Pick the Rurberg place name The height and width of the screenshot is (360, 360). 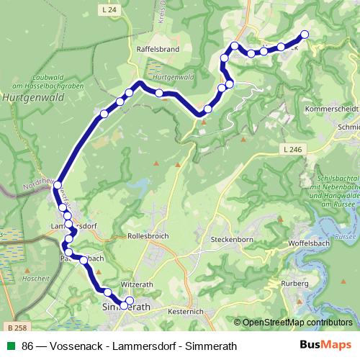pyautogui.click(x=295, y=283)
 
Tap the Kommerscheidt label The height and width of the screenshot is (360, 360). pyautogui.click(x=332, y=109)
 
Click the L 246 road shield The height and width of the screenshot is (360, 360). pyautogui.click(x=291, y=148)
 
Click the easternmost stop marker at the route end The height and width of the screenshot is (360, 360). pyautogui.click(x=305, y=34)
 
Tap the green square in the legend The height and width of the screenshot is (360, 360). pyautogui.click(x=11, y=346)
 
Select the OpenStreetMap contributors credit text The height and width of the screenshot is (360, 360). pyautogui.click(x=297, y=323)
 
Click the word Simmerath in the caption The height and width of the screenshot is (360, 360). pyautogui.click(x=210, y=346)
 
